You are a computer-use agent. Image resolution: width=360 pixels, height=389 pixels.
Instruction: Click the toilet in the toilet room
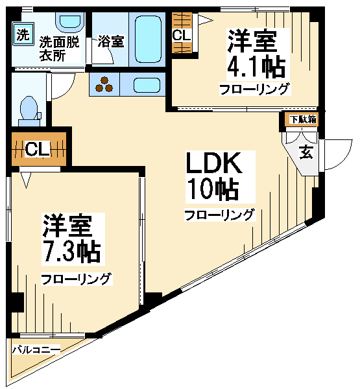[29, 111]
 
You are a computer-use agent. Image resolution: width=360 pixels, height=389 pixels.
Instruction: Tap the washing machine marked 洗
[23, 34]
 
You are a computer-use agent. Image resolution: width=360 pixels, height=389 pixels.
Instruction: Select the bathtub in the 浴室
[147, 40]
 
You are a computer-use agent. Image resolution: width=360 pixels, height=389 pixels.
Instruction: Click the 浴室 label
[111, 41]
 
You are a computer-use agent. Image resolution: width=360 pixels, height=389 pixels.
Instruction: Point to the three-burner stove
[104, 84]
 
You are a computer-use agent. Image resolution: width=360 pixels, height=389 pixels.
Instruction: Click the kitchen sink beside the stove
[147, 85]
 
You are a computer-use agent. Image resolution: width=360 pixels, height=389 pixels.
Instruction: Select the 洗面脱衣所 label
[60, 49]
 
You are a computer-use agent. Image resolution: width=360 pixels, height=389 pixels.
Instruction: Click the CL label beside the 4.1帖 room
[182, 36]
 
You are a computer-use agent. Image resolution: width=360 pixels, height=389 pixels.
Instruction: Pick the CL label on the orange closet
[38, 150]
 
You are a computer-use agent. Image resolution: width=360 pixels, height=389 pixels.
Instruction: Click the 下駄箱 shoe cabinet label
[304, 119]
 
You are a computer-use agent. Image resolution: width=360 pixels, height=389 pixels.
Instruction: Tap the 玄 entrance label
[306, 152]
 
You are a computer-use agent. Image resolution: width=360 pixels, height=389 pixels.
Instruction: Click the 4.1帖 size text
[256, 67]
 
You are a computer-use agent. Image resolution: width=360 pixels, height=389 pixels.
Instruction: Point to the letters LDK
[214, 163]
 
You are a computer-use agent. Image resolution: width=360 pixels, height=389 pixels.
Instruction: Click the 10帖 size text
[213, 189]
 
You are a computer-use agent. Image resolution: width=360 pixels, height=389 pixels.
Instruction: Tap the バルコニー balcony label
[36, 350]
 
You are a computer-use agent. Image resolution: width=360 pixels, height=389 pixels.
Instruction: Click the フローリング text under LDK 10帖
[220, 215]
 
